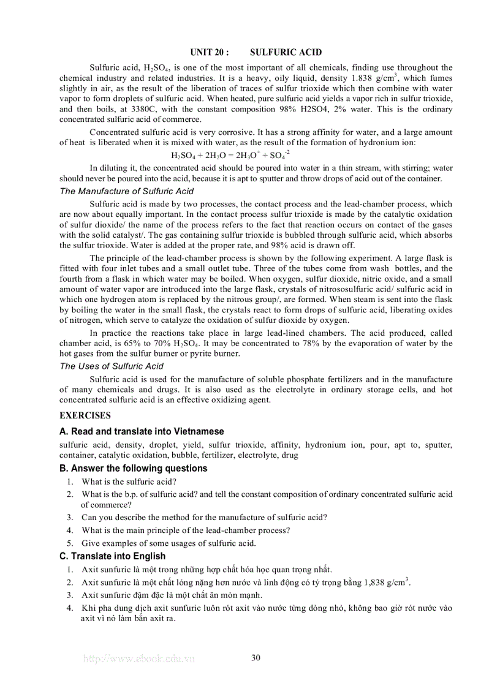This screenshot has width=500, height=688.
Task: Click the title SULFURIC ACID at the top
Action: tap(286, 53)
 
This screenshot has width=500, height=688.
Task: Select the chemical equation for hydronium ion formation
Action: tap(230, 156)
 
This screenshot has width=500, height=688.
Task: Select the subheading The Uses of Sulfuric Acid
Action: tap(112, 366)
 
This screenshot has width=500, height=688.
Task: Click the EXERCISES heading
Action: tap(85, 415)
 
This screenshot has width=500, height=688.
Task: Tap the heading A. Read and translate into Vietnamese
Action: tap(142, 431)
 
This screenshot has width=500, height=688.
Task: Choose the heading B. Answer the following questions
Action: tap(133, 468)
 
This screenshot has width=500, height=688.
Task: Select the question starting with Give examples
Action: tap(169, 543)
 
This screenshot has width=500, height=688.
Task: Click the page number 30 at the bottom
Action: tap(256, 658)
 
